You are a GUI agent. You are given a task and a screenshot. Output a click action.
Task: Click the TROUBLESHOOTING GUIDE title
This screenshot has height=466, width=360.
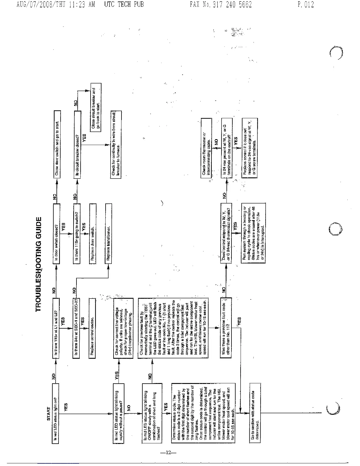tap(40, 264)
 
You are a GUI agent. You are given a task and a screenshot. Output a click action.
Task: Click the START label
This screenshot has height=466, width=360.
tap(49, 414)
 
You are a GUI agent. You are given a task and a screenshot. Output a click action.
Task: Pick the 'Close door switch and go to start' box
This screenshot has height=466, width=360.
tap(57, 144)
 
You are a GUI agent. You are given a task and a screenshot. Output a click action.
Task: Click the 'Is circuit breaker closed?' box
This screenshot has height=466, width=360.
tap(77, 145)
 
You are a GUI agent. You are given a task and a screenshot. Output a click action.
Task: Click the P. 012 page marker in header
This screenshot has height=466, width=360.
tap(306, 4)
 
